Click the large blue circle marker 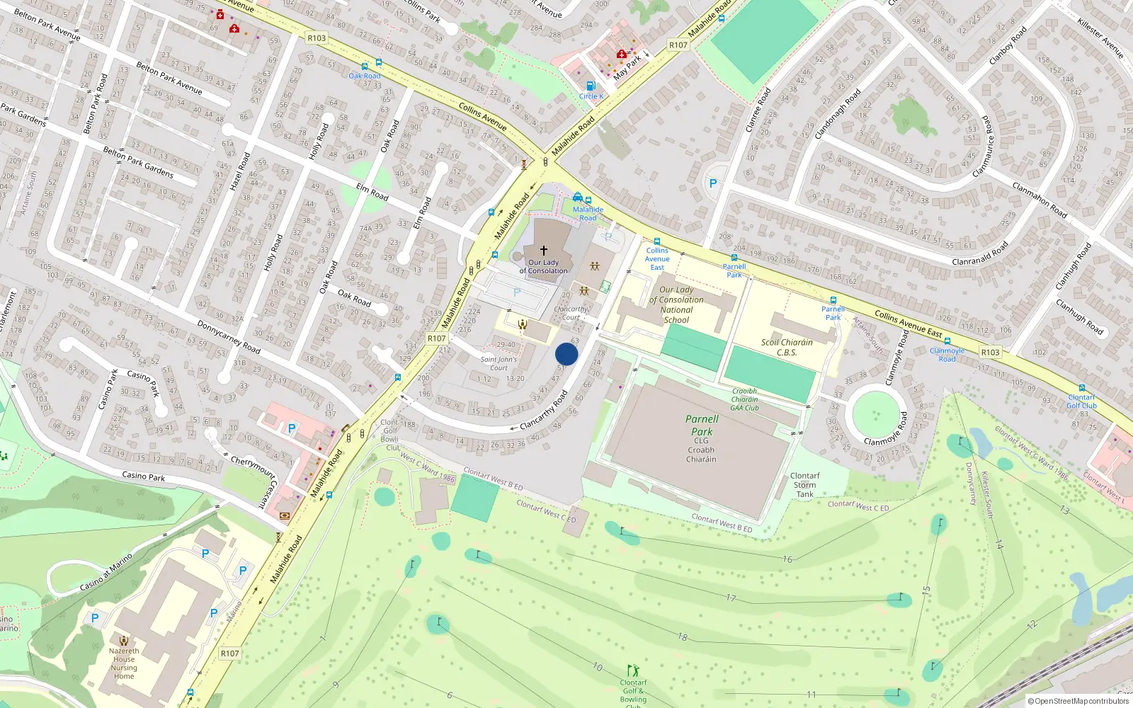pyautogui.click(x=566, y=354)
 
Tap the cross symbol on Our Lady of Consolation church pyautogui.click(x=544, y=251)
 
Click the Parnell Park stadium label pyautogui.click(x=702, y=426)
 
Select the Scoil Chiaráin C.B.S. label pyautogui.click(x=787, y=347)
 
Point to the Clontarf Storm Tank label pyautogui.click(x=804, y=485)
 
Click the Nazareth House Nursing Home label pyautogui.click(x=124, y=663)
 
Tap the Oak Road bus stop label pyautogui.click(x=365, y=76)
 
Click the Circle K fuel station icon pyautogui.click(x=591, y=86)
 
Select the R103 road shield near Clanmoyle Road pyautogui.click(x=990, y=352)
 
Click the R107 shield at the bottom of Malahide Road pyautogui.click(x=229, y=653)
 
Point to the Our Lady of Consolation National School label pyautogui.click(x=676, y=304)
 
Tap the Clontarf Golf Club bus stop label pyautogui.click(x=1081, y=401)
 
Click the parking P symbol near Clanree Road pyautogui.click(x=713, y=183)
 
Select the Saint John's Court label pyautogui.click(x=499, y=363)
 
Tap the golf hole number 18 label pyautogui.click(x=682, y=637)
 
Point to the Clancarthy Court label pyautogui.click(x=571, y=313)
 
